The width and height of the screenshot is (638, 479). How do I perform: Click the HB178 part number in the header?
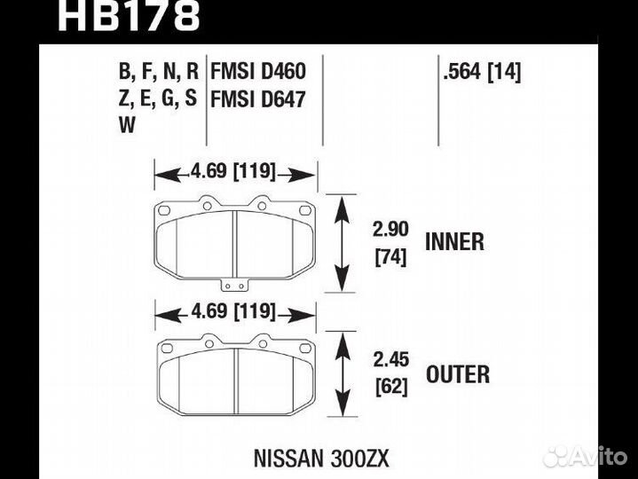coord(129,15)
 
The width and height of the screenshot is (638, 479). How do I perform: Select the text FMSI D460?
coord(258,71)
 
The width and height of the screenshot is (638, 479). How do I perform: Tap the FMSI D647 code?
coord(258,98)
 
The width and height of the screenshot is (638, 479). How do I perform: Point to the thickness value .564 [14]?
coord(482,73)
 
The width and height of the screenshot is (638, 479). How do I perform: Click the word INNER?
coord(454,242)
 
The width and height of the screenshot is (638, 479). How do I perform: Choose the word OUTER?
coord(458,374)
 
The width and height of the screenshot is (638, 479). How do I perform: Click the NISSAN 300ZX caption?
coord(321,459)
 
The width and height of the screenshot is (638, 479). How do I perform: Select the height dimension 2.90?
coord(390,230)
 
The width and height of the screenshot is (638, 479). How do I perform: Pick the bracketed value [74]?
coord(390,257)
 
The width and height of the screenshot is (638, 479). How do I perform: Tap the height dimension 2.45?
coord(391,360)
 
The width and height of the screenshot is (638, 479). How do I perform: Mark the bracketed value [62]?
coord(391,386)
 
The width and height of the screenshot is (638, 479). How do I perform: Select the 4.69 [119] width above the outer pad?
coord(233,312)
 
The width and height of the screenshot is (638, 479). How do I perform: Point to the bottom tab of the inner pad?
coord(234,285)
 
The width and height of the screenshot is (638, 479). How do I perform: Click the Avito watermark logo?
coord(586,457)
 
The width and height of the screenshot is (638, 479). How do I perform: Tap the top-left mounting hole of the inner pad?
coord(164,210)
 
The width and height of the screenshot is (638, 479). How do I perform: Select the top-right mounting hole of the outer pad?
coord(304,348)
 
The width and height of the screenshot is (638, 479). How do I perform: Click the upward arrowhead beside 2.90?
coord(342,208)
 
